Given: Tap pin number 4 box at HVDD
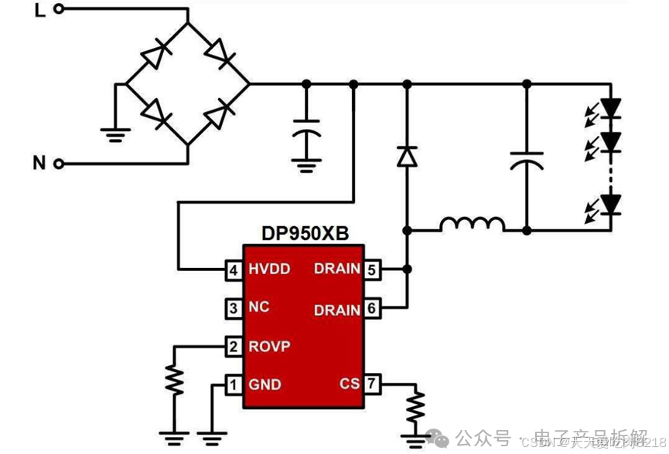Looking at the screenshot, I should (232, 269).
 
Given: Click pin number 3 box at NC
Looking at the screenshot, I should (232, 308).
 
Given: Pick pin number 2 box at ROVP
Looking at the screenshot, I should (232, 346).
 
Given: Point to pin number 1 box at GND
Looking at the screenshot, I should (232, 384).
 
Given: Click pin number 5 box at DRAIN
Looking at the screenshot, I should (372, 269).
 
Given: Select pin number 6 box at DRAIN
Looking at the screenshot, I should (372, 308).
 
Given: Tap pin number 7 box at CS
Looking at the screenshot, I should (372, 384).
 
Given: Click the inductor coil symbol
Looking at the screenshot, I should (472, 225).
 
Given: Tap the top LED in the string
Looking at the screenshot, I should (612, 107).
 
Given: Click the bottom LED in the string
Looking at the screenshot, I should (612, 204).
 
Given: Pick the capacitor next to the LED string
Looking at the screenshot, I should (526, 161).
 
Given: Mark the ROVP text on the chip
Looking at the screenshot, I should (269, 347).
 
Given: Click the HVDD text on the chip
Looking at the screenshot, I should (270, 269).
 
